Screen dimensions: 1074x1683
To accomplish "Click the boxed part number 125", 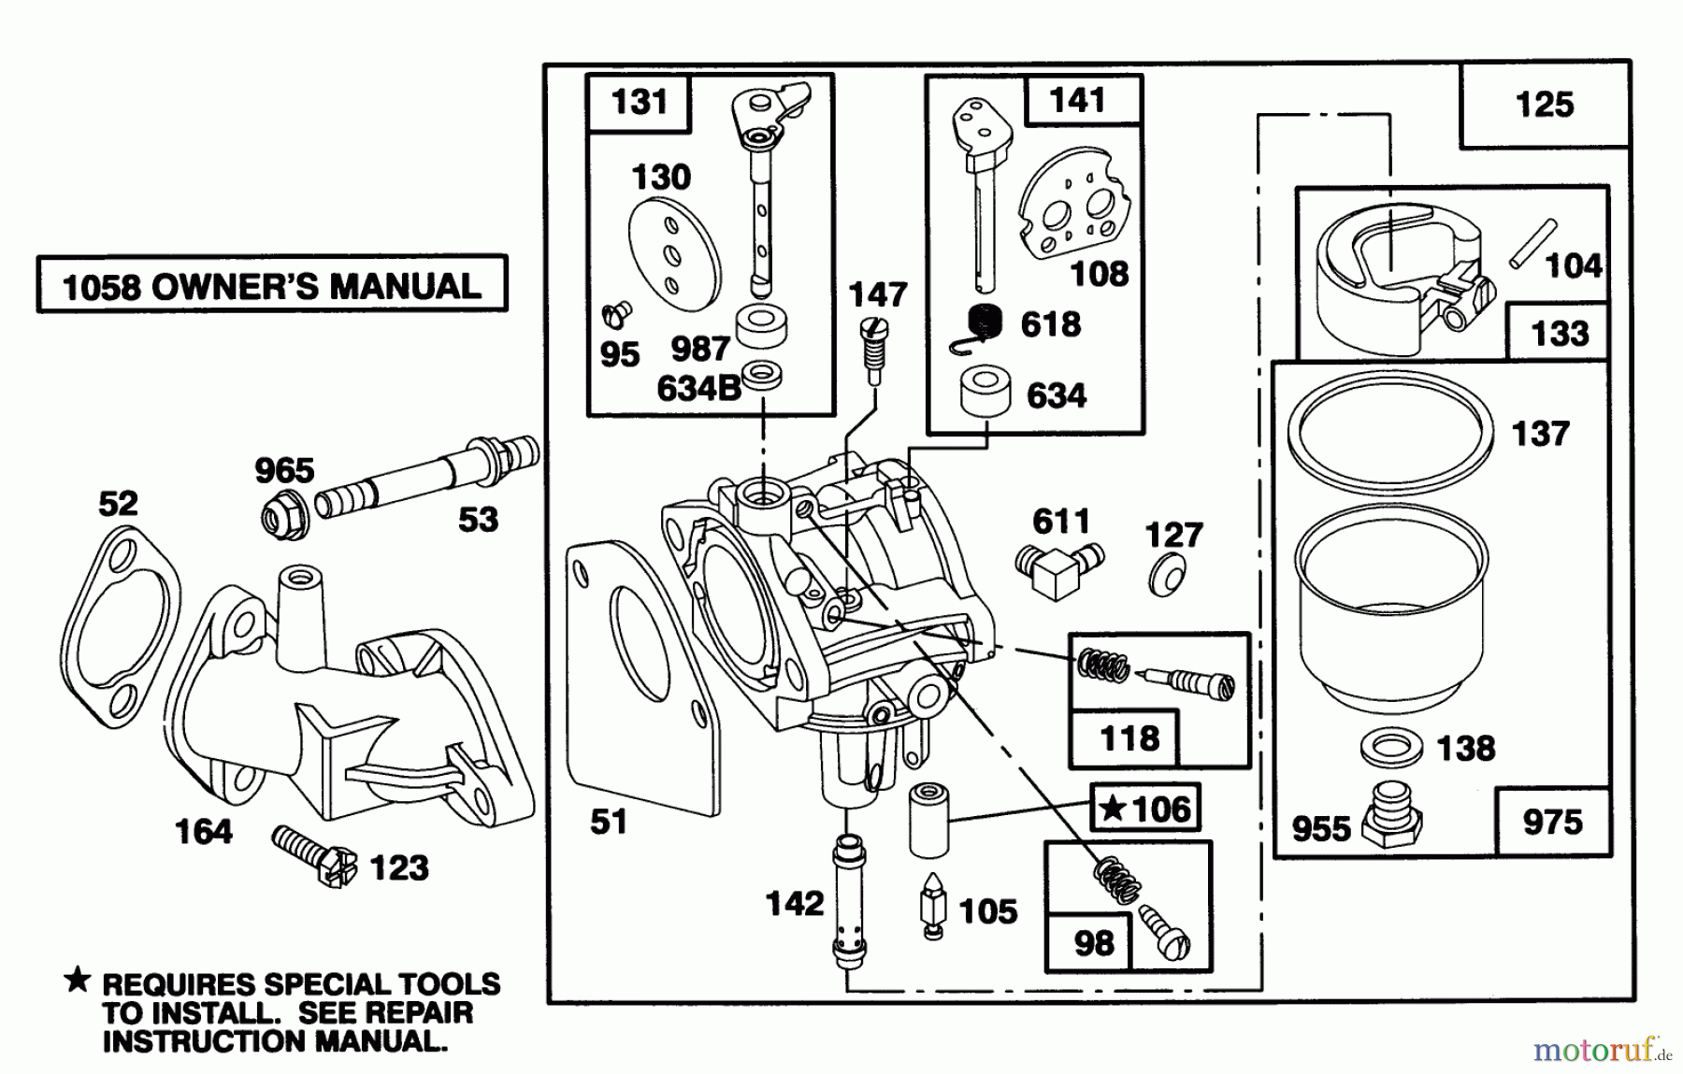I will click(x=1544, y=104).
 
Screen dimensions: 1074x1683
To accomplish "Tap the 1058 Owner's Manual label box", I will click(x=271, y=284).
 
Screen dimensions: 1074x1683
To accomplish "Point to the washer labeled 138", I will click(x=1391, y=747).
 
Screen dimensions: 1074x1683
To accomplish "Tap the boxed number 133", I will click(x=1559, y=332).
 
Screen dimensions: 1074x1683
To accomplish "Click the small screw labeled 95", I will click(x=618, y=312).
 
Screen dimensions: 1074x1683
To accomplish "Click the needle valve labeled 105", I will click(x=932, y=905).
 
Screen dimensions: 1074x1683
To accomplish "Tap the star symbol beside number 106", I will click(x=1112, y=808).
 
